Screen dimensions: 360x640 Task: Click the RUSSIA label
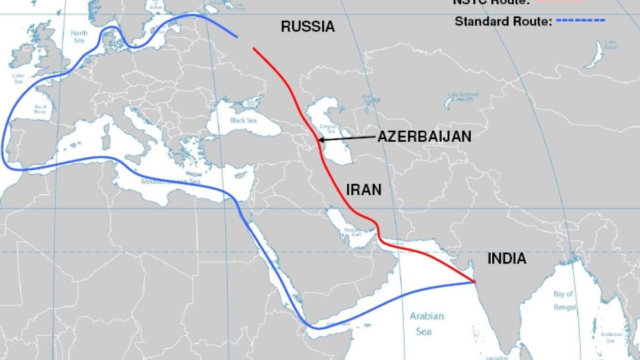pyautogui.click(x=308, y=27)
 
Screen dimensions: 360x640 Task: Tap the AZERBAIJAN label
pyautogui.click(x=425, y=137)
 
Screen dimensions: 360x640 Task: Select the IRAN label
pyautogui.click(x=364, y=189)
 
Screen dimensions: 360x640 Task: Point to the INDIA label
pyautogui.click(x=507, y=259)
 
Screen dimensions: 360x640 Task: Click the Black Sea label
pyautogui.click(x=245, y=121)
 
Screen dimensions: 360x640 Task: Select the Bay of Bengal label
pyautogui.click(x=564, y=300)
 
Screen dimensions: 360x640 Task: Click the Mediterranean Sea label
pyautogui.click(x=171, y=182)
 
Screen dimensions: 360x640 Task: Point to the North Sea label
pyautogui.click(x=79, y=36)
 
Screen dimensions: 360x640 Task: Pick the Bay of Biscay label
pyautogui.click(x=40, y=110)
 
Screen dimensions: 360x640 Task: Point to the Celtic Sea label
pyautogui.click(x=18, y=78)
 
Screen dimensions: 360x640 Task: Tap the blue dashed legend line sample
pyautogui.click(x=581, y=21)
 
